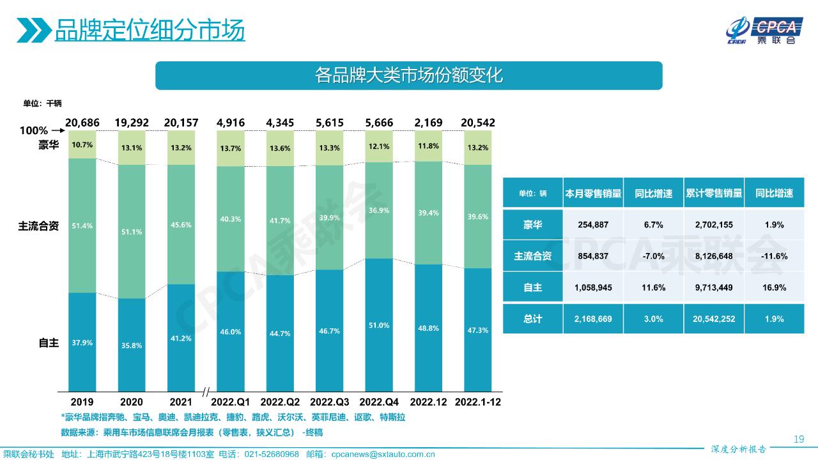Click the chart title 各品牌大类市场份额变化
click(x=409, y=75)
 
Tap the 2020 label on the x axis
click(x=132, y=402)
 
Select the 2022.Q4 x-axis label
click(x=380, y=402)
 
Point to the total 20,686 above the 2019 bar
click(x=82, y=123)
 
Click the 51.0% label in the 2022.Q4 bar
click(x=380, y=325)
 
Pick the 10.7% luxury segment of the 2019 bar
click(x=82, y=145)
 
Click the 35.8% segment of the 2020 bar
click(x=132, y=345)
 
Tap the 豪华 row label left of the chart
click(x=49, y=145)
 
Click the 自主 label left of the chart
click(x=49, y=343)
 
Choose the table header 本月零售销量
click(x=593, y=194)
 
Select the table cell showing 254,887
click(x=593, y=225)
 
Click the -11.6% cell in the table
click(x=774, y=256)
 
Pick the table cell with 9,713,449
click(x=714, y=287)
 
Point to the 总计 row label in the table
click(x=533, y=319)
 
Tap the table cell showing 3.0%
click(x=653, y=319)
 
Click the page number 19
click(x=798, y=439)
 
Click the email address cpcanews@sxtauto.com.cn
click(x=383, y=454)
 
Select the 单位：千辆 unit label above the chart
click(x=42, y=103)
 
